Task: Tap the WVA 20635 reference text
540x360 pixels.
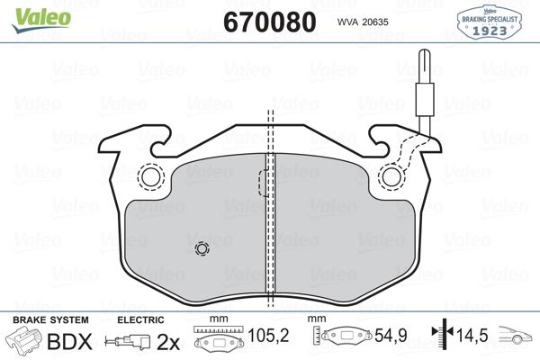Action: tap(364, 21)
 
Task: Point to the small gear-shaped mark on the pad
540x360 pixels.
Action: tap(202, 249)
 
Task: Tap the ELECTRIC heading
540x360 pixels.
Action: tap(140, 319)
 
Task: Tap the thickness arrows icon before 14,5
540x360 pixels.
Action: tap(441, 338)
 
